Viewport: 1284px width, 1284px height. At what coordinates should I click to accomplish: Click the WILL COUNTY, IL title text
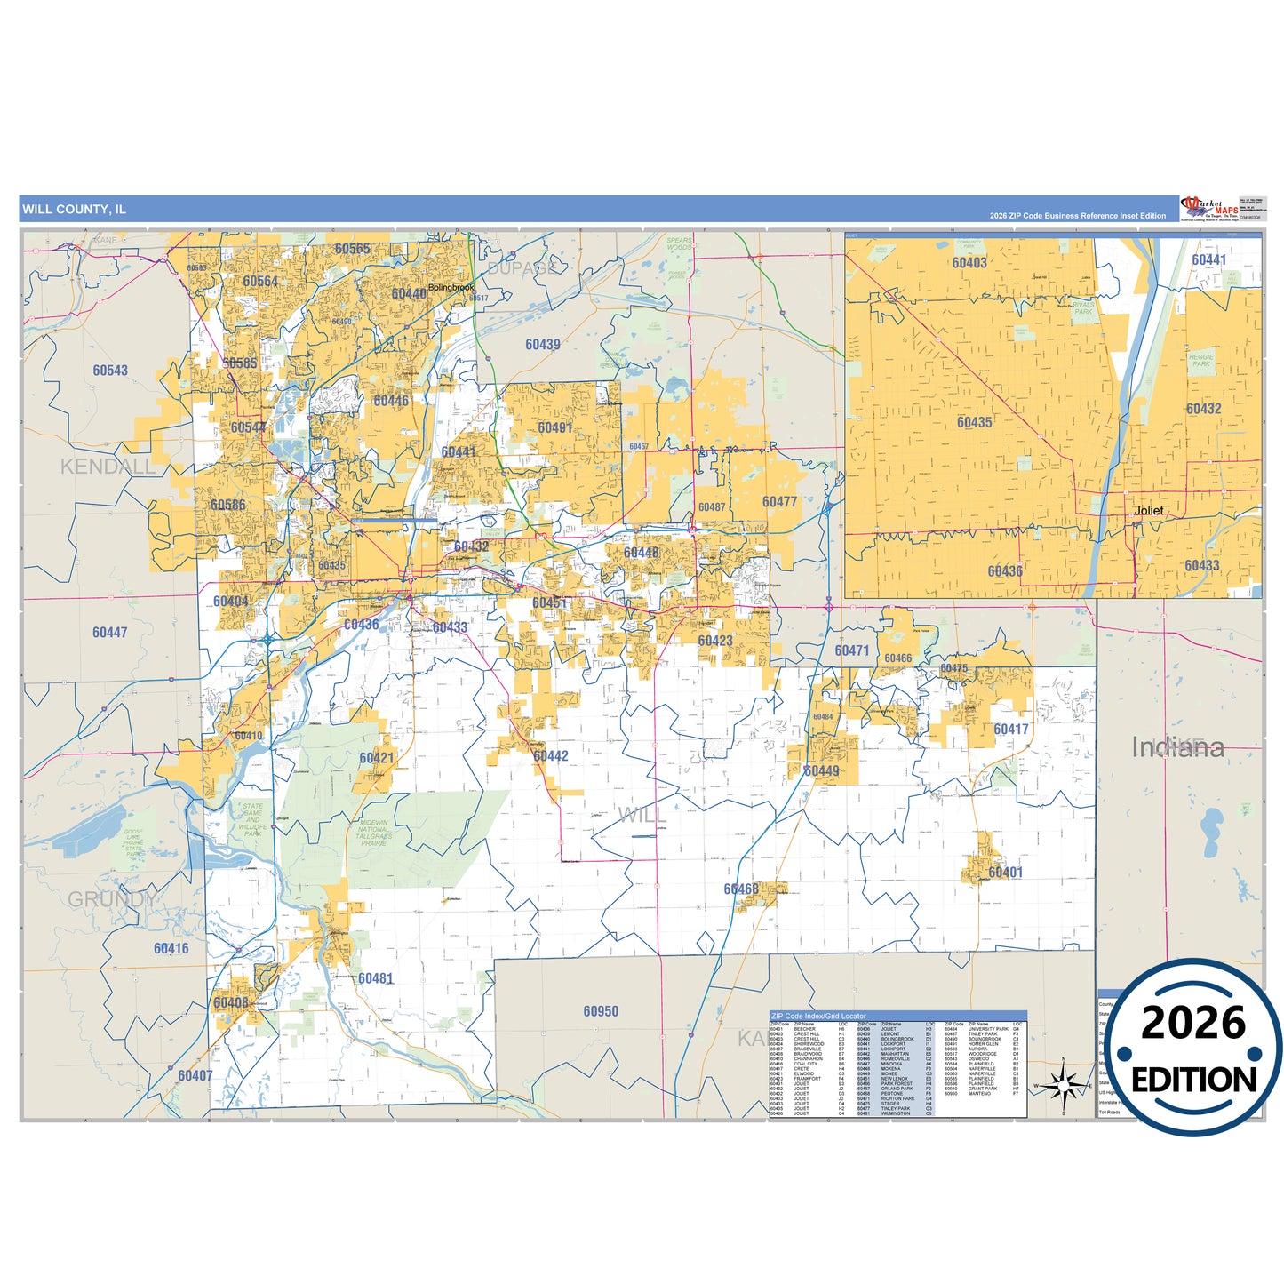74,210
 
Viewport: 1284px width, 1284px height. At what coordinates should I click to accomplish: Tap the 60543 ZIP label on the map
110,371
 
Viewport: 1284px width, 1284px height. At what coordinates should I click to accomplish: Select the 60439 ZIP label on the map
542,345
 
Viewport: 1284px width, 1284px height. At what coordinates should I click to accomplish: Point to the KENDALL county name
107,467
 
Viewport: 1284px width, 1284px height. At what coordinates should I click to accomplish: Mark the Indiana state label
1177,747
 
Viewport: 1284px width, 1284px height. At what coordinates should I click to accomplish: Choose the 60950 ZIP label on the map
601,1011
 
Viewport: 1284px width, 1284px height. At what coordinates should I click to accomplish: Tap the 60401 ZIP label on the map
1005,873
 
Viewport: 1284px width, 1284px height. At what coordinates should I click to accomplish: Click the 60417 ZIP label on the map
1010,730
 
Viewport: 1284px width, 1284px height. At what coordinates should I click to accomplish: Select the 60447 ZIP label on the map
109,633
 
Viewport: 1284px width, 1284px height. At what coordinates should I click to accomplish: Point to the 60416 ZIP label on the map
171,948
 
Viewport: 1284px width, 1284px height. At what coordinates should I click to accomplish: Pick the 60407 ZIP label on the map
195,1075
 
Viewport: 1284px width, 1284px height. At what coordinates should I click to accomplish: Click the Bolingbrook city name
451,288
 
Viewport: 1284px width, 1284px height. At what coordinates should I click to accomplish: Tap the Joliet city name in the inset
1148,511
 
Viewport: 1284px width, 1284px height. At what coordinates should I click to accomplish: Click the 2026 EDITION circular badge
1192,1049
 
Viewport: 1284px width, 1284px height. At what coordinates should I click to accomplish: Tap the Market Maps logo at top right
1208,210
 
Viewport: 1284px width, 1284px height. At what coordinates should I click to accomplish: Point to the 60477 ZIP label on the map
779,502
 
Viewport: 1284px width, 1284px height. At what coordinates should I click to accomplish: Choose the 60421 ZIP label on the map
376,758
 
